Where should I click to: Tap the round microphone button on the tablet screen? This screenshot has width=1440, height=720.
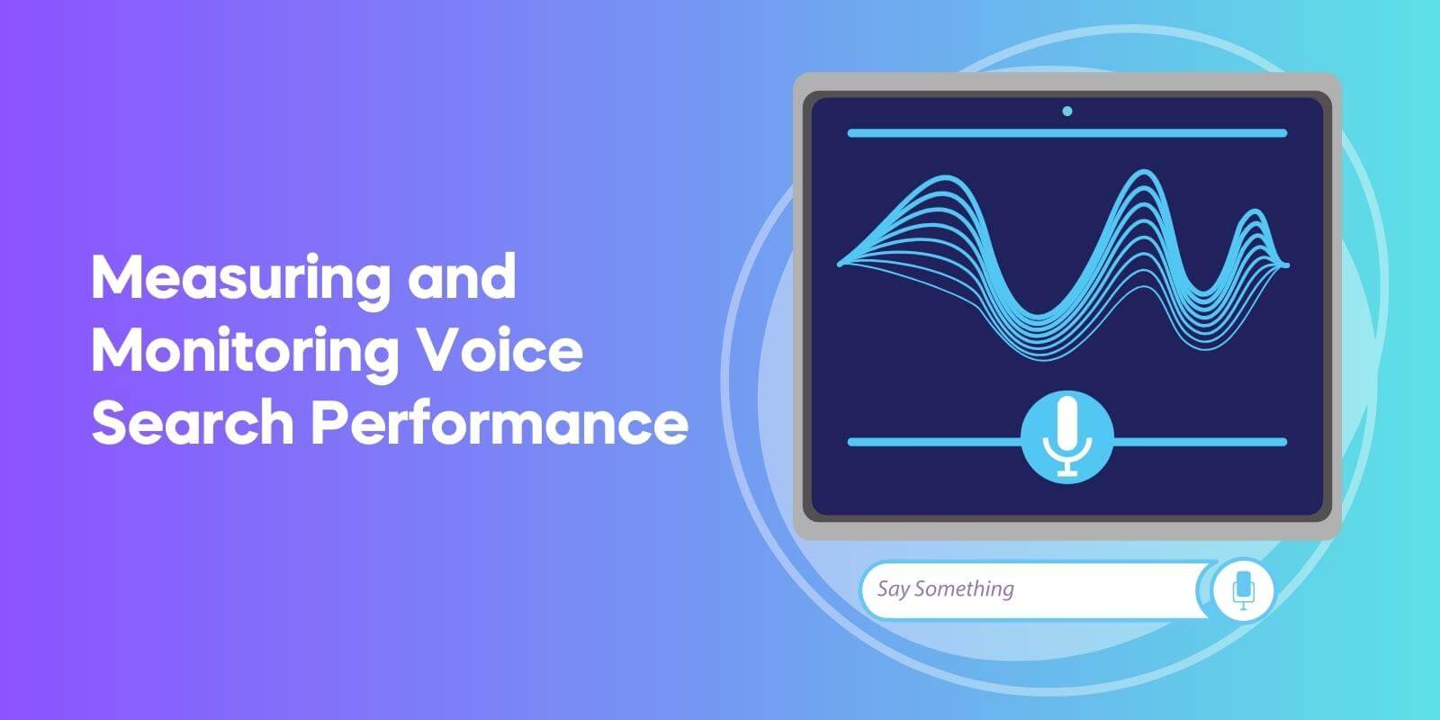[1066, 437]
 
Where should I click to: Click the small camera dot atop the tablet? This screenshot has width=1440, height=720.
[1067, 112]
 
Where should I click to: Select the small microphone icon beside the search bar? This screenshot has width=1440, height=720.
[1243, 590]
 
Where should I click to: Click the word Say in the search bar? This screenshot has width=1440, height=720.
[893, 589]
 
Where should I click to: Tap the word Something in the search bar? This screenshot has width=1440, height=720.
[964, 589]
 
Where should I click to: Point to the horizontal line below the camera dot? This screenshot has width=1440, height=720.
[1066, 133]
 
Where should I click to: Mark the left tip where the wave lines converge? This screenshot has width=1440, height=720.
[841, 265]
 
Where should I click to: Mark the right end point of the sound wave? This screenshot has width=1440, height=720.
[1286, 265]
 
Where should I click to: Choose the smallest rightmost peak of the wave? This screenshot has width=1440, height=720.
[1252, 214]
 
